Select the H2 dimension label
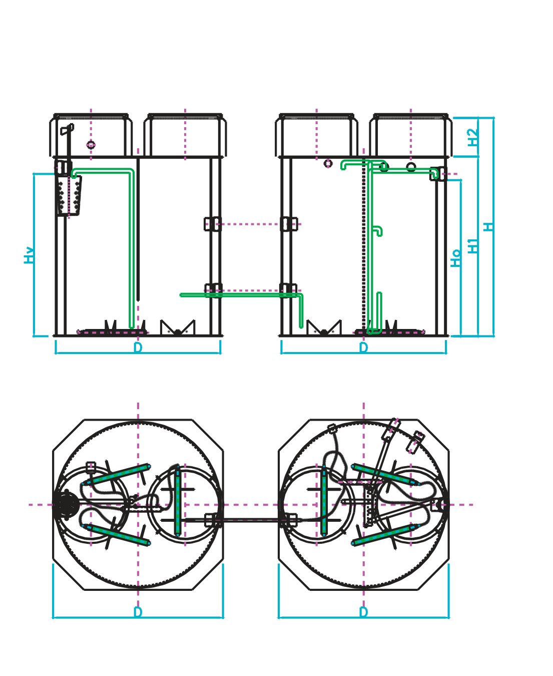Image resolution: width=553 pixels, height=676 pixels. click(472, 137)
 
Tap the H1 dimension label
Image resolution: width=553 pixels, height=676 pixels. click(472, 245)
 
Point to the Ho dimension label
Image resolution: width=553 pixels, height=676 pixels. click(455, 258)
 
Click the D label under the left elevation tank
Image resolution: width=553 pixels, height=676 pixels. click(138, 348)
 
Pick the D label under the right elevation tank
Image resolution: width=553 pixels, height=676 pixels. click(363, 348)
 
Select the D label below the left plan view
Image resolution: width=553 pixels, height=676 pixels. click(138, 612)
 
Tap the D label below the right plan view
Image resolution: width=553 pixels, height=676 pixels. click(363, 612)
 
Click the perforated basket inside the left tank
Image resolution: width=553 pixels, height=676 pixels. click(69, 196)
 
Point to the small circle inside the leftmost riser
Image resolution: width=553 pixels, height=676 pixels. click(91, 145)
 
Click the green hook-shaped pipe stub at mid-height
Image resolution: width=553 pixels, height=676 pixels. click(378, 231)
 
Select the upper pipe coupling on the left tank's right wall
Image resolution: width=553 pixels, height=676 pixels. click(212, 224)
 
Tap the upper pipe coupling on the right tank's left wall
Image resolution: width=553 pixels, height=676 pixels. click(289, 224)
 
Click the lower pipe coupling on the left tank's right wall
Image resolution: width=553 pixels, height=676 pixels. click(213, 290)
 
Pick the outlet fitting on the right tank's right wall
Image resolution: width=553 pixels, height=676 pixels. click(438, 174)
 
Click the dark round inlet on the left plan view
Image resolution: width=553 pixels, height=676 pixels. click(66, 505)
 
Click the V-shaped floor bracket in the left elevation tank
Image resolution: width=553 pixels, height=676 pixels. click(177, 328)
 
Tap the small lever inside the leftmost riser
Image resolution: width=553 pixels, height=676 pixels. click(67, 130)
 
